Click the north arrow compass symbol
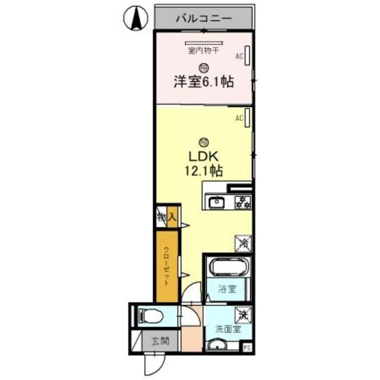(x=135, y=18)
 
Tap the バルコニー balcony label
(x=203, y=18)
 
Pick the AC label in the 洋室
(x=239, y=57)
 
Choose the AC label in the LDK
(x=239, y=118)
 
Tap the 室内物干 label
(x=204, y=51)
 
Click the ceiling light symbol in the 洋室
(x=204, y=67)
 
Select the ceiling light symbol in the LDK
(x=204, y=141)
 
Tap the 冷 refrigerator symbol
(x=242, y=243)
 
